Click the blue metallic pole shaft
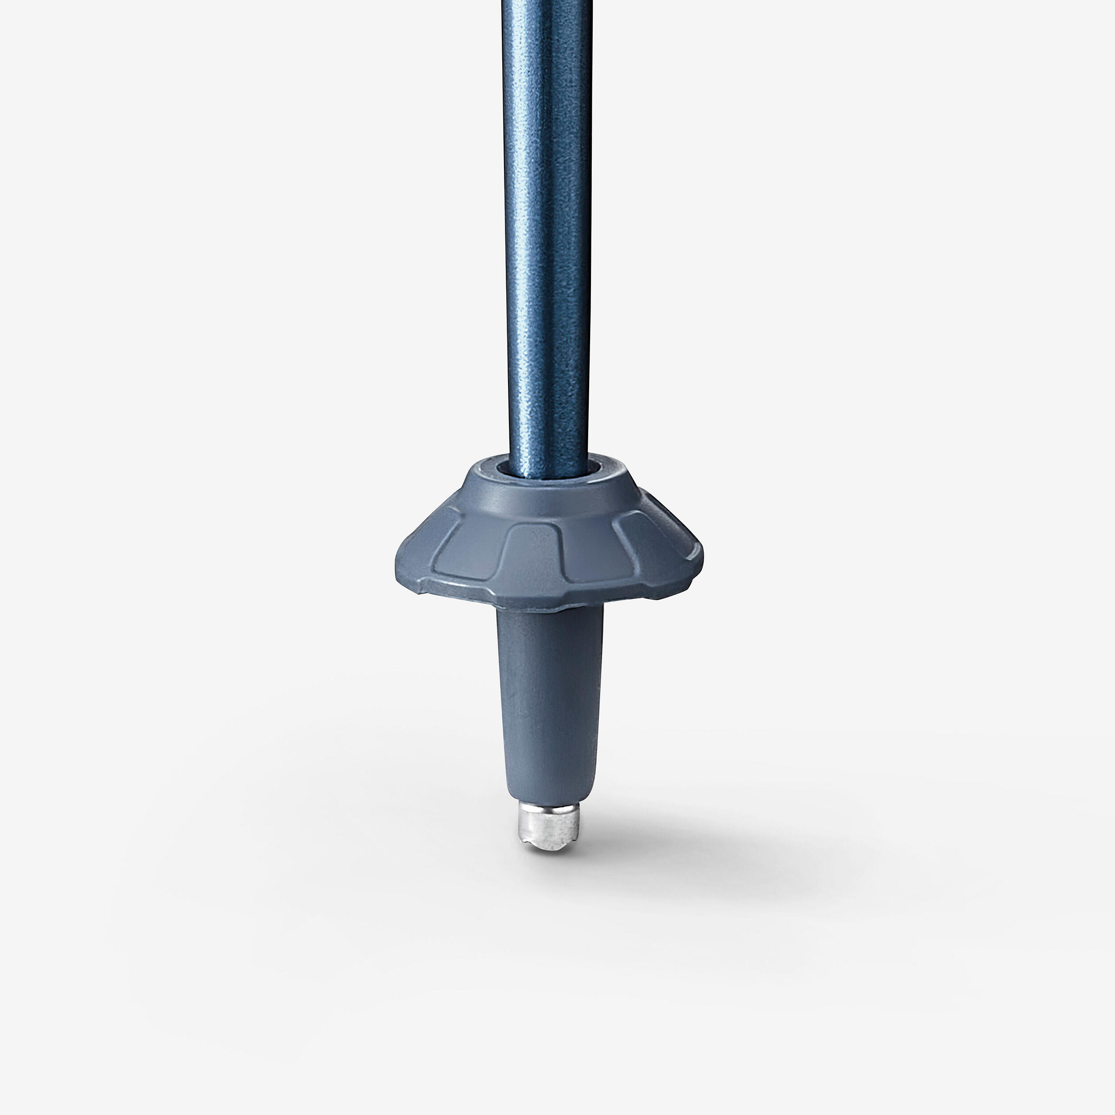click(x=547, y=231)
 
